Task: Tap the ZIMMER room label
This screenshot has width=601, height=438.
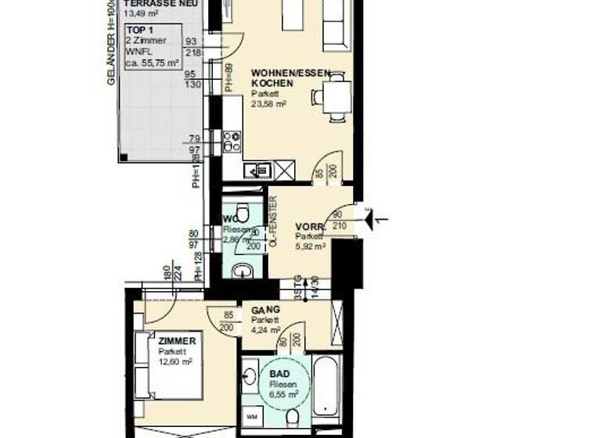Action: click(x=171, y=342)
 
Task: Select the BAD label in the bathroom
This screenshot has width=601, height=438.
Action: click(x=279, y=375)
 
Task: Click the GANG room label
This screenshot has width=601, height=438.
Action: click(x=265, y=310)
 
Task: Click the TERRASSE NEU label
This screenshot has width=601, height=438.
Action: click(x=160, y=4)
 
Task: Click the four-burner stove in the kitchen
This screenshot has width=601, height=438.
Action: click(x=232, y=142)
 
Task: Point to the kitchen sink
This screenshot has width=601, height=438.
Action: click(x=258, y=170)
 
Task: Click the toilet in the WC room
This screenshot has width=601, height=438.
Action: click(x=243, y=212)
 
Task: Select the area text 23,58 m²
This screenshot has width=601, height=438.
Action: click(x=268, y=102)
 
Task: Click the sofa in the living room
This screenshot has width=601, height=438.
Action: click(x=334, y=23)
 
